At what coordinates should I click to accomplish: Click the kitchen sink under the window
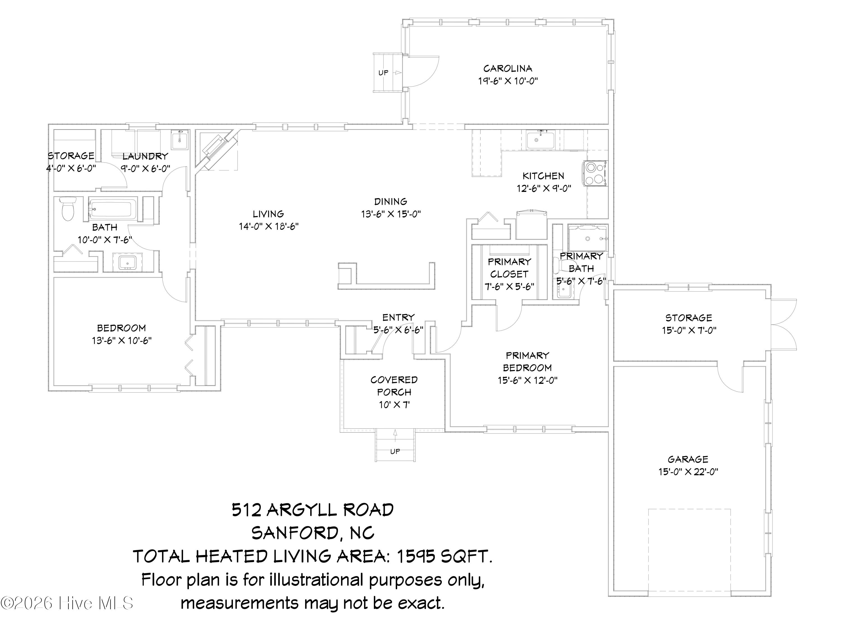tap(541, 140)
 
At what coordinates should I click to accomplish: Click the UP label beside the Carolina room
tap(383, 72)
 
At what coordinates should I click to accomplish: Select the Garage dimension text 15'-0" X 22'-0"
tap(688, 472)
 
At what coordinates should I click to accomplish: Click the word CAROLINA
tap(508, 69)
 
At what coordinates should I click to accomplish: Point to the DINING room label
tap(391, 201)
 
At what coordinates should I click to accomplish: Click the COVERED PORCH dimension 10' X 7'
tap(394, 404)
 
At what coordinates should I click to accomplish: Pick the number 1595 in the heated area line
tap(416, 557)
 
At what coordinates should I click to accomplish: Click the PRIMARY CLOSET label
tap(509, 268)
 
